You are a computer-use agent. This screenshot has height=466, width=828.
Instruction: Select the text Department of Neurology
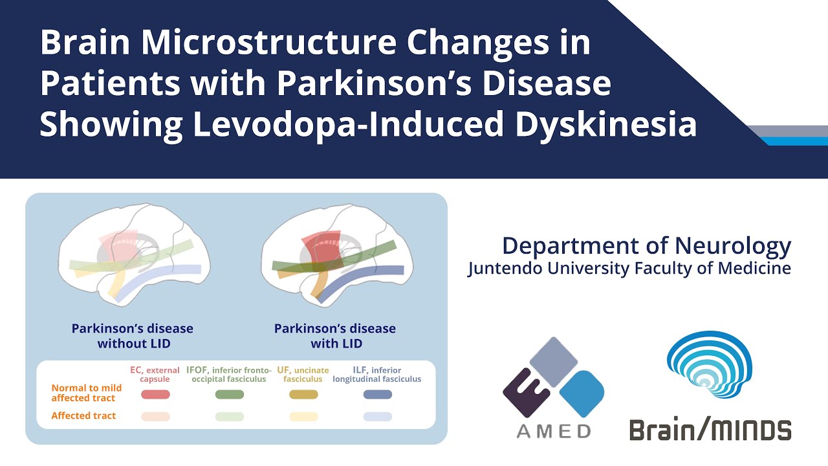pyautogui.click(x=646, y=246)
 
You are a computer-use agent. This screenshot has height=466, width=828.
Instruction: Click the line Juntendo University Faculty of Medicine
pyautogui.click(x=629, y=268)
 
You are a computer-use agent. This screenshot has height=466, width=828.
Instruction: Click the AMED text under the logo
pyautogui.click(x=554, y=431)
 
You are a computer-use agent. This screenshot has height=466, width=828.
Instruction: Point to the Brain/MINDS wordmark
pyautogui.click(x=710, y=429)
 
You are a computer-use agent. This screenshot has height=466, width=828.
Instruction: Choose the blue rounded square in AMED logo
pyautogui.click(x=582, y=394)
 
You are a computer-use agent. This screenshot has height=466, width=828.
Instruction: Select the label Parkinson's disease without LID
pyautogui.click(x=133, y=336)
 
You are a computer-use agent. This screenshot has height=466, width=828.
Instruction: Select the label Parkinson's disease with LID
pyautogui.click(x=335, y=336)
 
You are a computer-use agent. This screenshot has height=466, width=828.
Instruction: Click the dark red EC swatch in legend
pyautogui.click(x=155, y=394)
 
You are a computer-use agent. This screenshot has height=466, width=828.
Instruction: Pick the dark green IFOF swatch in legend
pyautogui.click(x=230, y=394)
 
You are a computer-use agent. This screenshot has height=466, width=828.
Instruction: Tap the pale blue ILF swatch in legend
pyautogui.click(x=378, y=416)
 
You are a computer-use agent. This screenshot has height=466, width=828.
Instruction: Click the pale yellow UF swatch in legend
pyautogui.click(x=303, y=416)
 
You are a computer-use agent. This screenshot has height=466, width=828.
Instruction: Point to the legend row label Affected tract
pyautogui.click(x=83, y=416)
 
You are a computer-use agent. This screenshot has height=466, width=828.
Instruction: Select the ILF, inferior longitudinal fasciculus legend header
pyautogui.click(x=377, y=374)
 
